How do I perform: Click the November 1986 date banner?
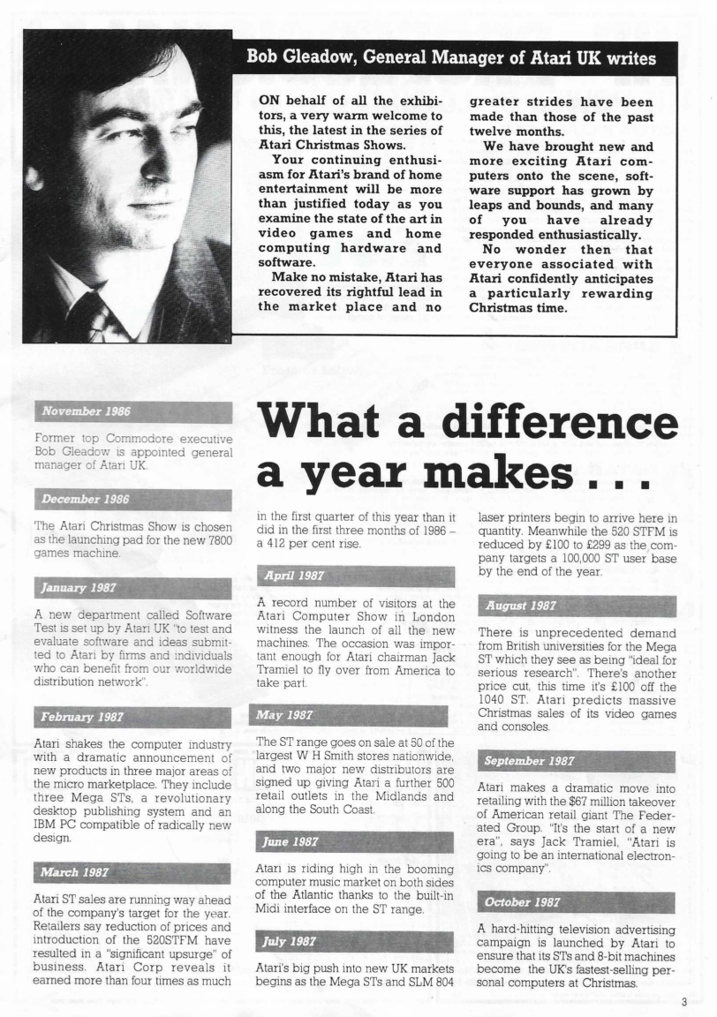click(132, 412)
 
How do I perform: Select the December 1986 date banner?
click(132, 500)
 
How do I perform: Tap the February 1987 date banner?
click(132, 717)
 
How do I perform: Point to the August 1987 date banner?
click(577, 606)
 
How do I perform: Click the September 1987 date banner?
click(577, 762)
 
